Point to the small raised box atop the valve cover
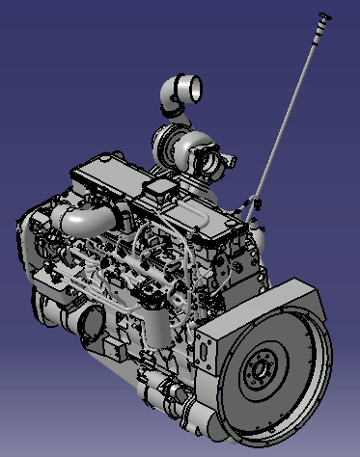(x=160, y=187)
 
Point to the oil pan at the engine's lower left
(x=48, y=309)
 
